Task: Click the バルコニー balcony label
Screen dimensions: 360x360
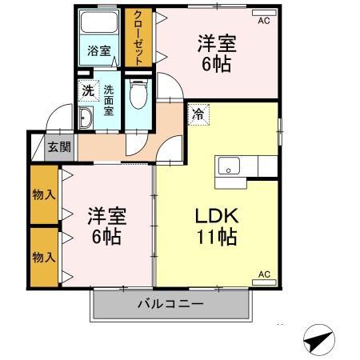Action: [170, 303]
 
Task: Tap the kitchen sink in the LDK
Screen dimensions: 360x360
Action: [229, 166]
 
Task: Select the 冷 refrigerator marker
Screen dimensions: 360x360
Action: [197, 114]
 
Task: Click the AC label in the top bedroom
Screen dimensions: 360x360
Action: [263, 22]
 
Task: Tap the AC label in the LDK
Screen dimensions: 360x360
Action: [263, 274]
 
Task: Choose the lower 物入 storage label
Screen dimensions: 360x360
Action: [43, 257]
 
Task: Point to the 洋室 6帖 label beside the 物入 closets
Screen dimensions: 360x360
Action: [106, 226]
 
